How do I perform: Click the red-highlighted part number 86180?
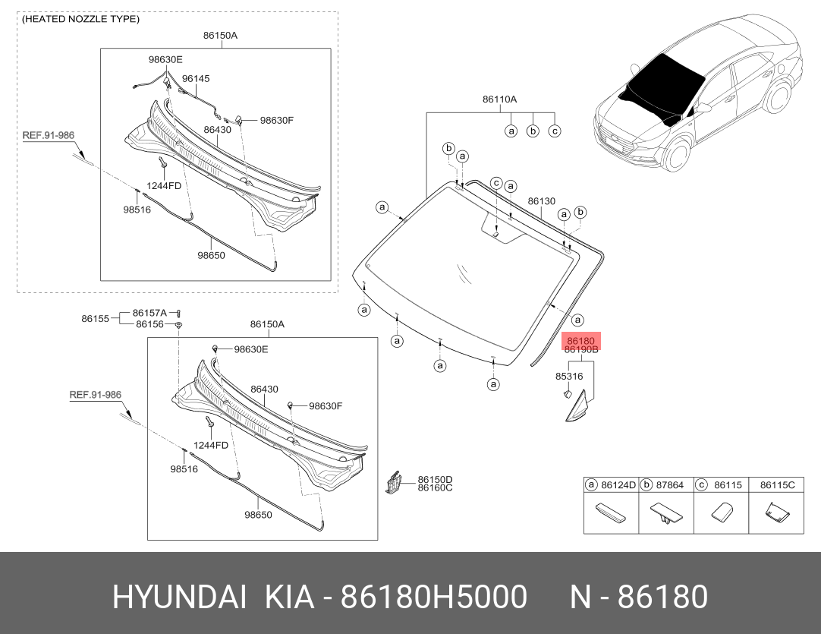[580, 342]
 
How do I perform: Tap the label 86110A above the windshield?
[499, 99]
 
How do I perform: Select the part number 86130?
[542, 201]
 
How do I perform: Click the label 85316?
[569, 376]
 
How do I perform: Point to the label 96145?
[196, 78]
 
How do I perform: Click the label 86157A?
[149, 313]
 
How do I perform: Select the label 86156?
[149, 324]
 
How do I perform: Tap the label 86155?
[96, 319]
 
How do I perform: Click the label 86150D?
[435, 479]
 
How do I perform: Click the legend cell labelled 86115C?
[777, 484]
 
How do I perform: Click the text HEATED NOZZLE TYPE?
[80, 19]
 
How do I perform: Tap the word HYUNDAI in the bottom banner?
[179, 598]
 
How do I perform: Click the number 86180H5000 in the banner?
[433, 598]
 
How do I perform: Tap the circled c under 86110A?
[555, 131]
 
